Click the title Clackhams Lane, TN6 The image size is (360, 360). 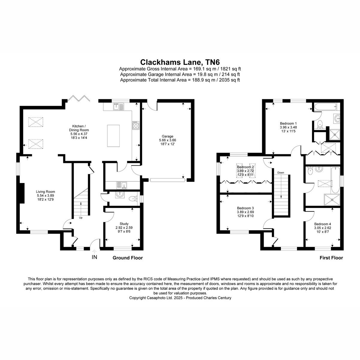pos(180,62)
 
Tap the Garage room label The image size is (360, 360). pos(167,136)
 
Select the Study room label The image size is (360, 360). pos(124,223)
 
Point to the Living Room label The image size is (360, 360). pos(45,192)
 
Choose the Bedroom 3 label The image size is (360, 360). pos(245,208)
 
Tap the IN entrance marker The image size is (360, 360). pos(94,257)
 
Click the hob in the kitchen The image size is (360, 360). pos(136,125)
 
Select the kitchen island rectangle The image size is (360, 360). pos(113,136)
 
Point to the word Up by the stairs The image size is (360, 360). pos(81,217)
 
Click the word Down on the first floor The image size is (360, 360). pos(280,172)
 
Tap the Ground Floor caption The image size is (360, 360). pos(127,258)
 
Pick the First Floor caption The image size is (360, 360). pos(331,258)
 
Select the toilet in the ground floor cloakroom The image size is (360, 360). pos(133,199)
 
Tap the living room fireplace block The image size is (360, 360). pos(22,193)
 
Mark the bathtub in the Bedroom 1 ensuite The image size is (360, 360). pos(325,107)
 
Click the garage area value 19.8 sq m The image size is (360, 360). pos(208,74)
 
